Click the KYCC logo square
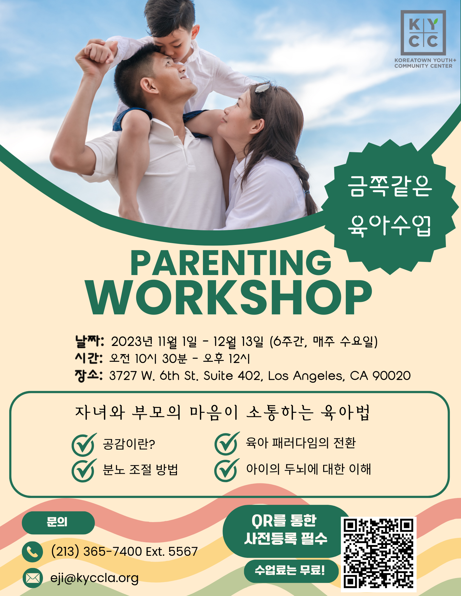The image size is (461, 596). (x=423, y=33)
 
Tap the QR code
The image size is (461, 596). (x=378, y=554)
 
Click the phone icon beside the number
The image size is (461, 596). (x=33, y=552)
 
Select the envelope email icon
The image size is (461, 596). (x=33, y=578)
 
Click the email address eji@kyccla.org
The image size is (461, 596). (x=94, y=578)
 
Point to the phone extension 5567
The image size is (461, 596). (x=183, y=552)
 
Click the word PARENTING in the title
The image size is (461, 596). (x=231, y=263)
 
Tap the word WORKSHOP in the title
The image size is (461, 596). (x=229, y=297)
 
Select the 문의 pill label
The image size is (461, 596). (x=58, y=523)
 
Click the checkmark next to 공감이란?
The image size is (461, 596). (x=84, y=444)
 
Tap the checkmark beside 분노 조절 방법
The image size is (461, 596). (x=84, y=470)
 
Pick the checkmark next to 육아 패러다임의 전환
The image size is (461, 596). (x=227, y=443)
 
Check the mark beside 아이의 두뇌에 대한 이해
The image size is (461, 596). (x=227, y=470)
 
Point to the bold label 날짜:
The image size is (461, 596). (x=90, y=342)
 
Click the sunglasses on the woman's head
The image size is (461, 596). (x=262, y=87)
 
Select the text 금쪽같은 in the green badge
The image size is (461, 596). (x=390, y=186)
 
